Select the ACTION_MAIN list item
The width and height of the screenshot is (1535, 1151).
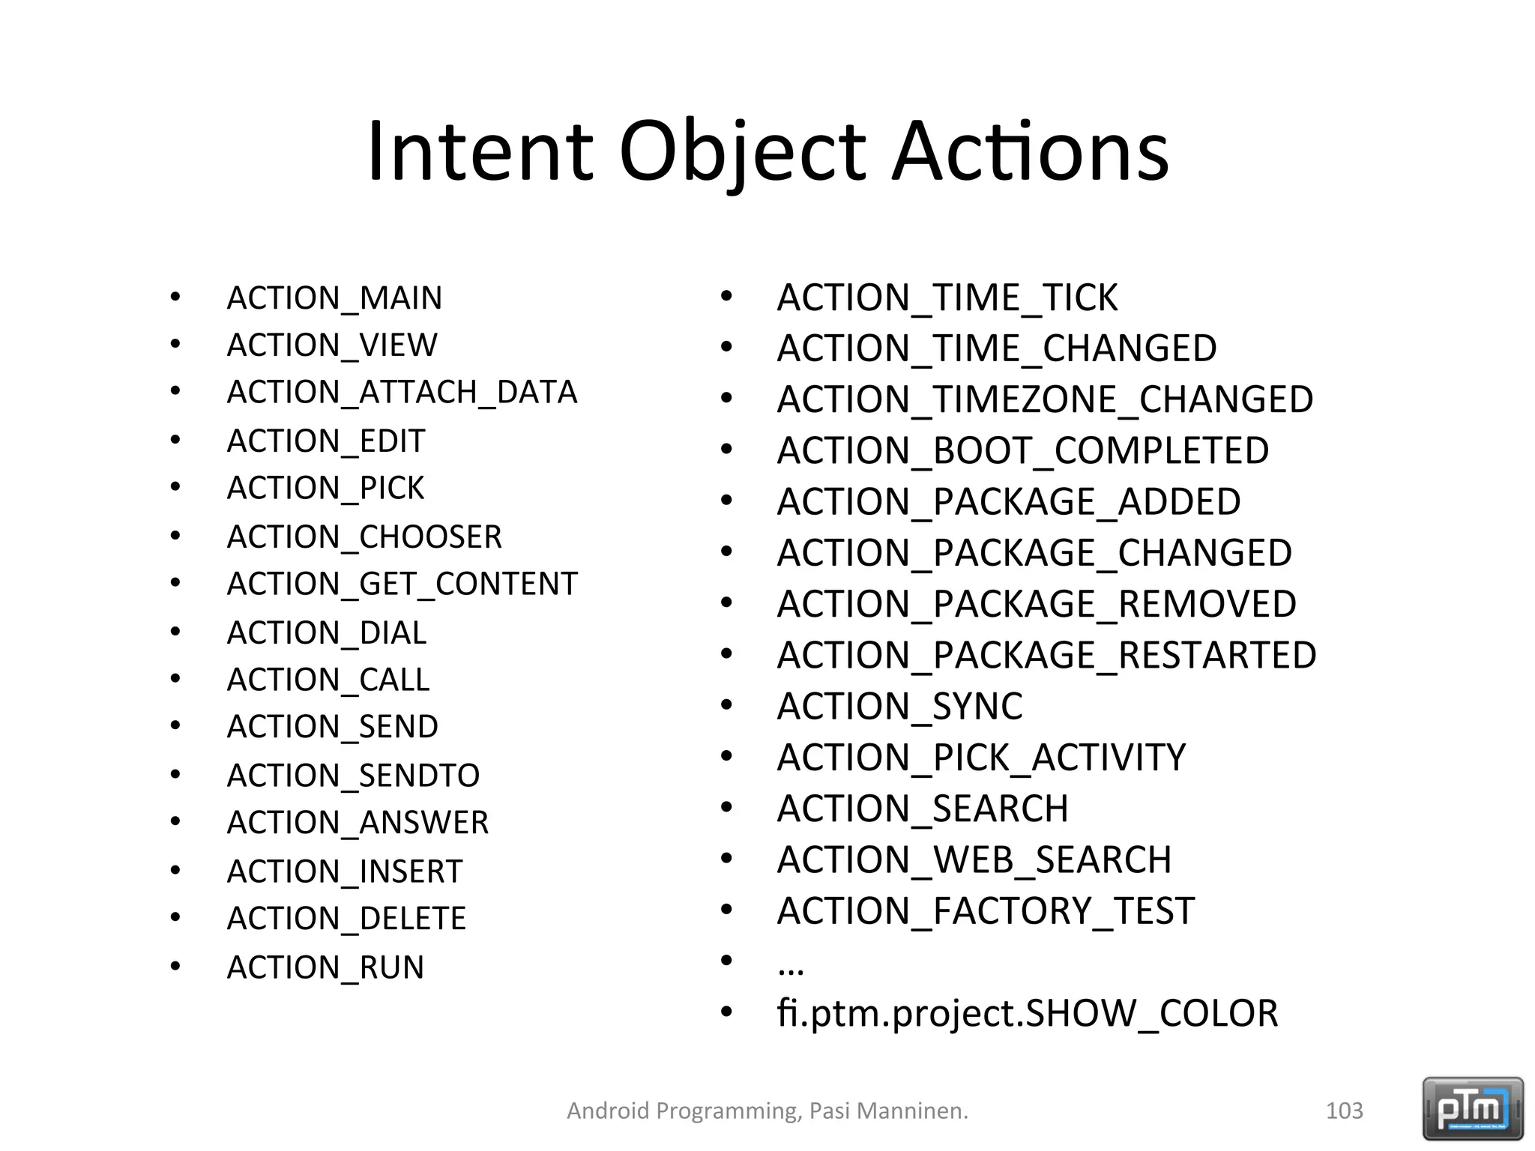(334, 298)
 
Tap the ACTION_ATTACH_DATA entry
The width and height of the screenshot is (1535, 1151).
(402, 392)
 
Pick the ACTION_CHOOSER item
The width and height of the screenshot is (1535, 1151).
(364, 537)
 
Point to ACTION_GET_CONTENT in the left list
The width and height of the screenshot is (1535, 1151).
(402, 584)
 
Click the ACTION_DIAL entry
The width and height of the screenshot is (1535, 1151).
(326, 633)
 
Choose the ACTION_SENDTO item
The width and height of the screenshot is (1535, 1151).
(353, 775)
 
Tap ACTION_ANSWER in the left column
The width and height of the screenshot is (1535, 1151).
(358, 823)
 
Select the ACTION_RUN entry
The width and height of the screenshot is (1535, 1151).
(325, 967)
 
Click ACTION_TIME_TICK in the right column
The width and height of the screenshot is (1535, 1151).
(947, 297)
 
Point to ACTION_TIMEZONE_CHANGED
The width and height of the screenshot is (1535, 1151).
(1045, 399)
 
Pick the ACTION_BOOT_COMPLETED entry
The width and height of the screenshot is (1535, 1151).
(1022, 450)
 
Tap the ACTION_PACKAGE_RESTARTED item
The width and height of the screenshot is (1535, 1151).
(1046, 655)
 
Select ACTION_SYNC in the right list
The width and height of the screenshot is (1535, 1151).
(899, 706)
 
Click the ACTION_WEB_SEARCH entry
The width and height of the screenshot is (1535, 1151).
(974, 860)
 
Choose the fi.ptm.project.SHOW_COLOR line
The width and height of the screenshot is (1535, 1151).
(1027, 1013)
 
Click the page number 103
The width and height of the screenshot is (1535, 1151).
(1344, 1111)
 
